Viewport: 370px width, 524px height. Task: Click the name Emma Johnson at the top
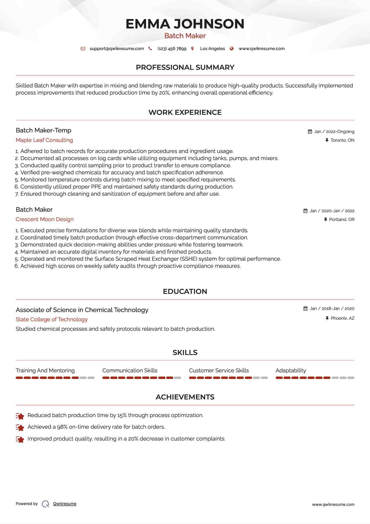pyautogui.click(x=185, y=24)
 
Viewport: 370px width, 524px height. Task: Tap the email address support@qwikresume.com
pyautogui.click(x=117, y=49)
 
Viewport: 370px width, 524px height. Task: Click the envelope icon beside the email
pyautogui.click(x=83, y=49)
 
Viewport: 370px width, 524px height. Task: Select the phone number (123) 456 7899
pyautogui.click(x=172, y=49)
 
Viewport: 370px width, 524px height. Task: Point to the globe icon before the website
pyautogui.click(x=232, y=49)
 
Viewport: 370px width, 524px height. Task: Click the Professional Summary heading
pyautogui.click(x=185, y=67)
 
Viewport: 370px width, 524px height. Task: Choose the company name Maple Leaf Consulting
pyautogui.click(x=44, y=140)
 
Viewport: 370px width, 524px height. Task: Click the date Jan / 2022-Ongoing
pyautogui.click(x=334, y=132)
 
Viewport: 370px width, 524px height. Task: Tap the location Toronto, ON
pyautogui.click(x=342, y=140)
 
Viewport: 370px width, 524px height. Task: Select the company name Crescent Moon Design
pyautogui.click(x=44, y=219)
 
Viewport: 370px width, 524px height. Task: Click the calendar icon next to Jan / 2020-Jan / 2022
pyautogui.click(x=305, y=211)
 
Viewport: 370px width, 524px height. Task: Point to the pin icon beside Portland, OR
pyautogui.click(x=326, y=220)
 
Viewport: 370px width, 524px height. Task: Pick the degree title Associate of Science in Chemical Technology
pyautogui.click(x=82, y=310)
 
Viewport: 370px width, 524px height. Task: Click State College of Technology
pyautogui.click(x=52, y=319)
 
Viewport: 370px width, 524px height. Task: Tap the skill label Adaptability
pyautogui.click(x=291, y=370)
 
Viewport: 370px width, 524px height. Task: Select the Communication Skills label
pyautogui.click(x=130, y=370)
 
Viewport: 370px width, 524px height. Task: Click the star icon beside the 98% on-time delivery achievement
pyautogui.click(x=20, y=427)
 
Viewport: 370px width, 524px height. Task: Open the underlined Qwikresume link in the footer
pyautogui.click(x=65, y=504)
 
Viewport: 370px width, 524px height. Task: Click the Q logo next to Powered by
pyautogui.click(x=45, y=504)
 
